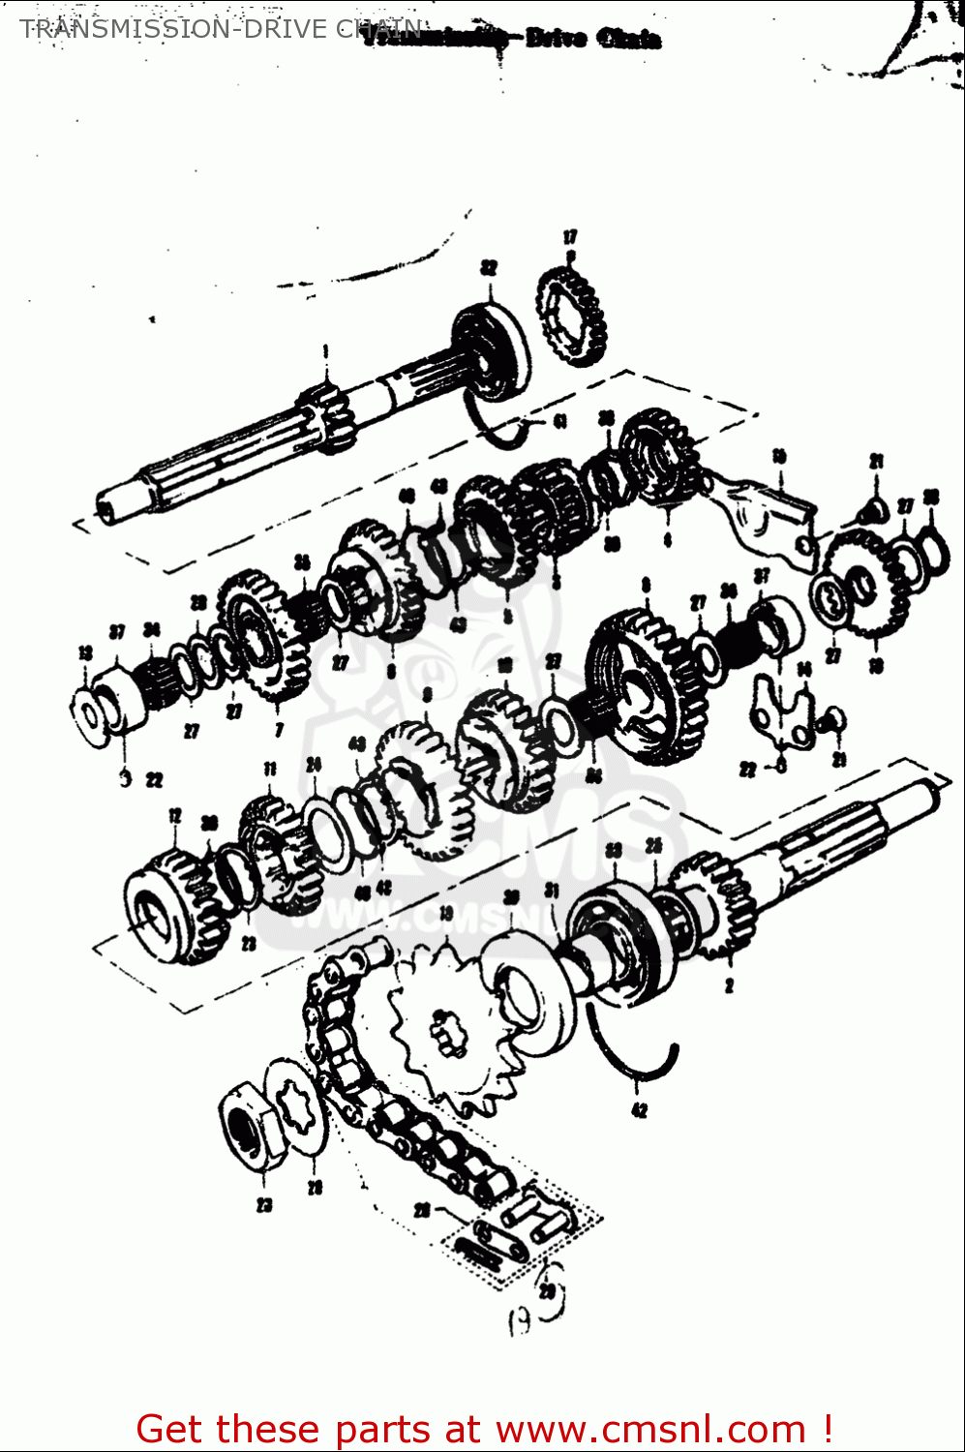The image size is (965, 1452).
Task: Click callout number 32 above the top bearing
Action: coord(488,267)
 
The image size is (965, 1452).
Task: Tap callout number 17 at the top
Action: coord(570,236)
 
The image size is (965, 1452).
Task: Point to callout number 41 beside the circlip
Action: coord(559,421)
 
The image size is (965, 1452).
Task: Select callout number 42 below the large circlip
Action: coord(639,1110)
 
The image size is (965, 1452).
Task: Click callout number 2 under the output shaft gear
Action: coord(729,985)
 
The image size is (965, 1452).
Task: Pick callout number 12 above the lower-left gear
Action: coord(174,816)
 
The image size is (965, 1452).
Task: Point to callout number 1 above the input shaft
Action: coord(326,350)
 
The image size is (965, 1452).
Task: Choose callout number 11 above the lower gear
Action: coord(269,770)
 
